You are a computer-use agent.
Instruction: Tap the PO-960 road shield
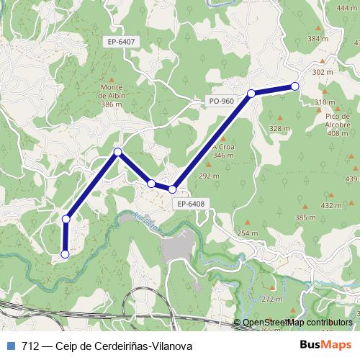tap(221, 101)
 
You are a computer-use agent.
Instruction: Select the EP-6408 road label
tap(190, 204)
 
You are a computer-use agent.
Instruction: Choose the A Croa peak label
tap(224, 151)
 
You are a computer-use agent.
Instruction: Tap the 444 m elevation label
tap(346, 8)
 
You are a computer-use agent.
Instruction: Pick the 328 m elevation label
tap(279, 128)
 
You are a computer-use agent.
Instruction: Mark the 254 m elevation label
tap(248, 233)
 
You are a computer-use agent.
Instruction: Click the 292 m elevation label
tap(208, 176)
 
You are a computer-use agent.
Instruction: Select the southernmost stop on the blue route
tap(65, 253)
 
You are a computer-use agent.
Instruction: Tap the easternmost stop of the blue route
tap(294, 86)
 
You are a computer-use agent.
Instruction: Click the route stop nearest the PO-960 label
tap(251, 93)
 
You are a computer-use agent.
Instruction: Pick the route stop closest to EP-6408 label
tap(173, 189)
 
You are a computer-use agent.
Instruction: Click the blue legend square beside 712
tap(11, 346)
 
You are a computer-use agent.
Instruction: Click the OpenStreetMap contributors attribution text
tap(297, 323)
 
